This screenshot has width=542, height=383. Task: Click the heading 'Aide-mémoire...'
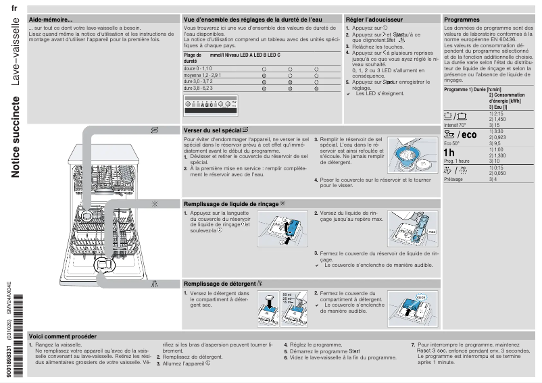[51, 20]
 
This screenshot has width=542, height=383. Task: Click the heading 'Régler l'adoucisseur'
[374, 20]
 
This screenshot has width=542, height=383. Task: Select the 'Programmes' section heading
[462, 20]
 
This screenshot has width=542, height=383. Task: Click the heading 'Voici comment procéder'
[63, 336]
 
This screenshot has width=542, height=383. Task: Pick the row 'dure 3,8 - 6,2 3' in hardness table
[198, 88]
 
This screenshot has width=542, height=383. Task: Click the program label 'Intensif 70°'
[455, 125]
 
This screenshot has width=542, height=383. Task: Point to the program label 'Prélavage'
[453, 180]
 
